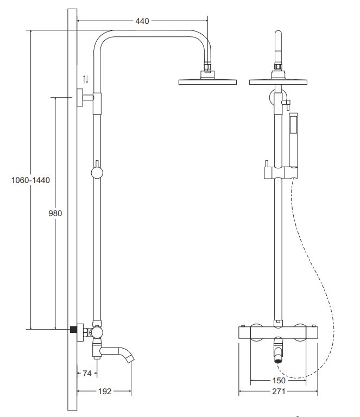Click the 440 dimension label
click(142, 21)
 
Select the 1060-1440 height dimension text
click(30, 180)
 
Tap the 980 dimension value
click(54, 213)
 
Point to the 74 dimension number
click(86, 373)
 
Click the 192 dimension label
click(104, 390)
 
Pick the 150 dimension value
click(279, 380)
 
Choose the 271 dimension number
click(279, 390)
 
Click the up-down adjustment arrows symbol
click(85, 79)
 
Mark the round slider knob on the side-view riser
click(97, 173)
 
